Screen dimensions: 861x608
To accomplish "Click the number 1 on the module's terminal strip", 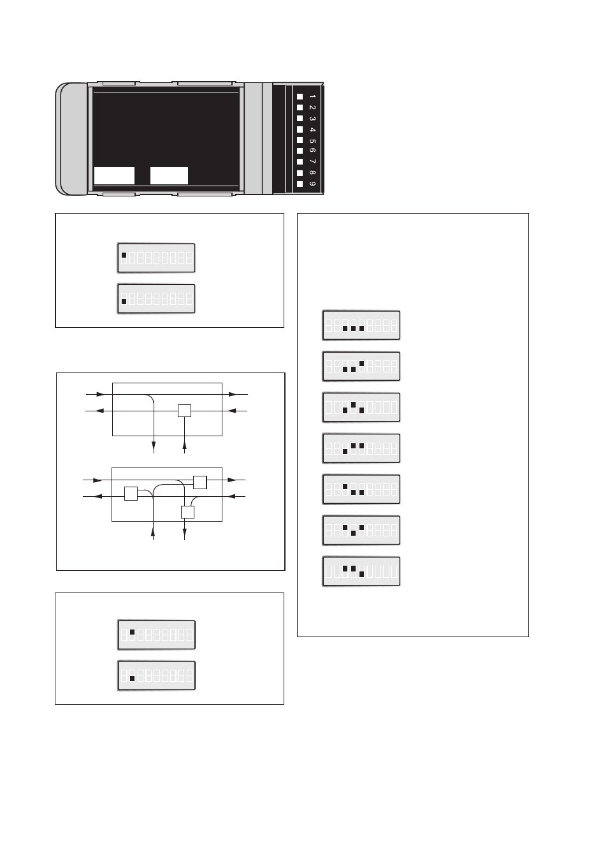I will [x=312, y=97].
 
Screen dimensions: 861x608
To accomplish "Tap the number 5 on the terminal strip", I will [x=312, y=140].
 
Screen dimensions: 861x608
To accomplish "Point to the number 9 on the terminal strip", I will [x=312, y=184].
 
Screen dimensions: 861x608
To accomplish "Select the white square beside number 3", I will [x=300, y=119].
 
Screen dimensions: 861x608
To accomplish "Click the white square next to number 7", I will [x=300, y=162].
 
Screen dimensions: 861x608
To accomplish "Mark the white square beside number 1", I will [x=300, y=97].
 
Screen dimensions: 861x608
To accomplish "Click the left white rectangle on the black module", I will [x=114, y=175].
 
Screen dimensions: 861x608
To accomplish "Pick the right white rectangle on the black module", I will [x=169, y=175].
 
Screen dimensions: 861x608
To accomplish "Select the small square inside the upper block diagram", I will [x=184, y=411].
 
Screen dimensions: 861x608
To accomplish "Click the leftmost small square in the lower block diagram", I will [x=131, y=494].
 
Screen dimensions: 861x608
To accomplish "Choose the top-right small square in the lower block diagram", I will [x=199, y=482].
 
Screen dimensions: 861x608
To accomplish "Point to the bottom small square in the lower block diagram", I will [x=187, y=511].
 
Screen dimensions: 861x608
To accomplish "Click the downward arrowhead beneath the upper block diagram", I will [x=154, y=450].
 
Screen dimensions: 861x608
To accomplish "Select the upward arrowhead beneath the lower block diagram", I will [x=154, y=527].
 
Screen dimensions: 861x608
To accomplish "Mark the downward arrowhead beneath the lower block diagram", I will [x=185, y=536].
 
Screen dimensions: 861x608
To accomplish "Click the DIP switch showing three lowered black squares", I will [x=361, y=325].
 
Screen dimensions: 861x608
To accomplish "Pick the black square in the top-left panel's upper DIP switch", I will [x=124, y=255].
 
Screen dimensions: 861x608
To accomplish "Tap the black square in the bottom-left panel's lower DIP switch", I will [x=132, y=679].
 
